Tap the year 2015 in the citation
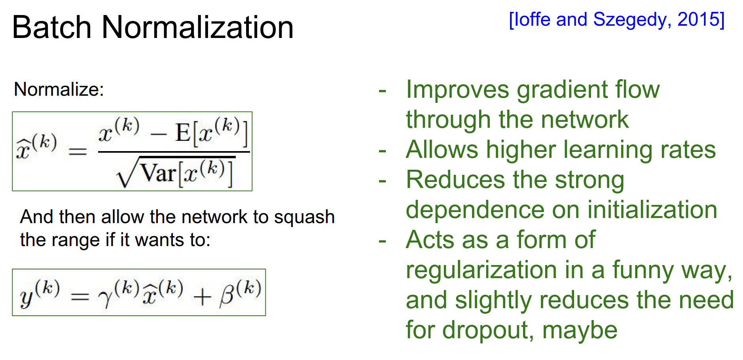tap(698, 19)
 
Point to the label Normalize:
tap(59, 89)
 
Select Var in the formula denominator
tap(158, 173)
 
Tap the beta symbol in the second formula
tap(227, 295)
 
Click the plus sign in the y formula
tap(202, 297)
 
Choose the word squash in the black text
tap(304, 217)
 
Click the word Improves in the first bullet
tap(457, 90)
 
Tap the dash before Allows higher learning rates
tap(382, 151)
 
